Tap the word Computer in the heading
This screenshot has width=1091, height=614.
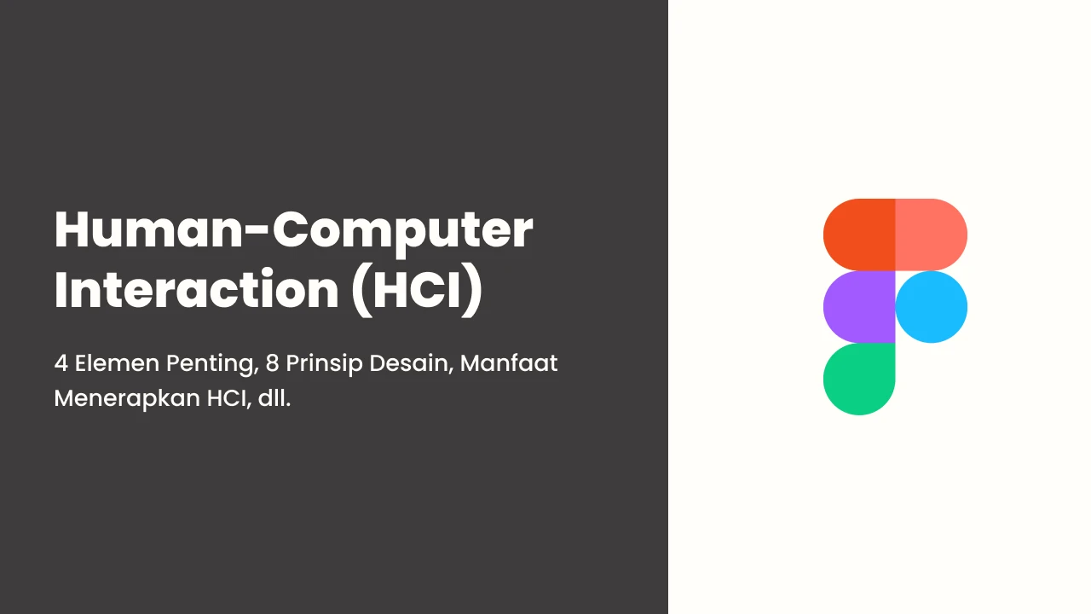[x=403, y=233]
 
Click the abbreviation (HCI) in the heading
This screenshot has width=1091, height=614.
[x=418, y=291]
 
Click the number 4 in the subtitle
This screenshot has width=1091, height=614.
[x=61, y=363]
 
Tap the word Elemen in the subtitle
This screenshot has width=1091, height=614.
[x=117, y=363]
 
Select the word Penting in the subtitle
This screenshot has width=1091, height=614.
[x=212, y=365]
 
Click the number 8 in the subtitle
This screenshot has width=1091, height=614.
[x=272, y=363]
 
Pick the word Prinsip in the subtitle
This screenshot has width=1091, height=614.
[x=325, y=365]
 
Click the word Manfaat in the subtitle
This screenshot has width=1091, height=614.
[x=509, y=363]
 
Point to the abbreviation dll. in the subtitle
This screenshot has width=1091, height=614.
[x=274, y=398]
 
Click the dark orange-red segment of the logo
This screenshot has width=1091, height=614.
[x=859, y=235]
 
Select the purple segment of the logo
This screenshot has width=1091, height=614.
[x=859, y=307]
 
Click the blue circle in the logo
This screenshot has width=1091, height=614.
[x=932, y=307]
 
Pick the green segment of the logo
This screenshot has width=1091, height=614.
[x=859, y=379]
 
